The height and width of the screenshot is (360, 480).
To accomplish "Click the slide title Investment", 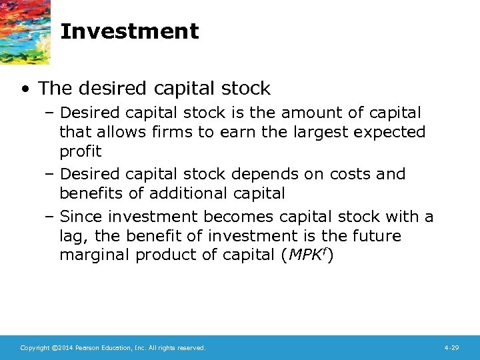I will pyautogui.click(x=129, y=31).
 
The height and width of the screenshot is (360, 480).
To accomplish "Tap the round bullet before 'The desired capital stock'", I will pyautogui.click(x=25, y=89).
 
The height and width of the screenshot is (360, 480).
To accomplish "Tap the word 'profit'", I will pyautogui.click(x=80, y=151).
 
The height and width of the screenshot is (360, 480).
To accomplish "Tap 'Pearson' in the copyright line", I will pyautogui.click(x=87, y=348).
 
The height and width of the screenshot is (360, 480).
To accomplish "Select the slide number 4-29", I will pyautogui.click(x=451, y=348).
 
